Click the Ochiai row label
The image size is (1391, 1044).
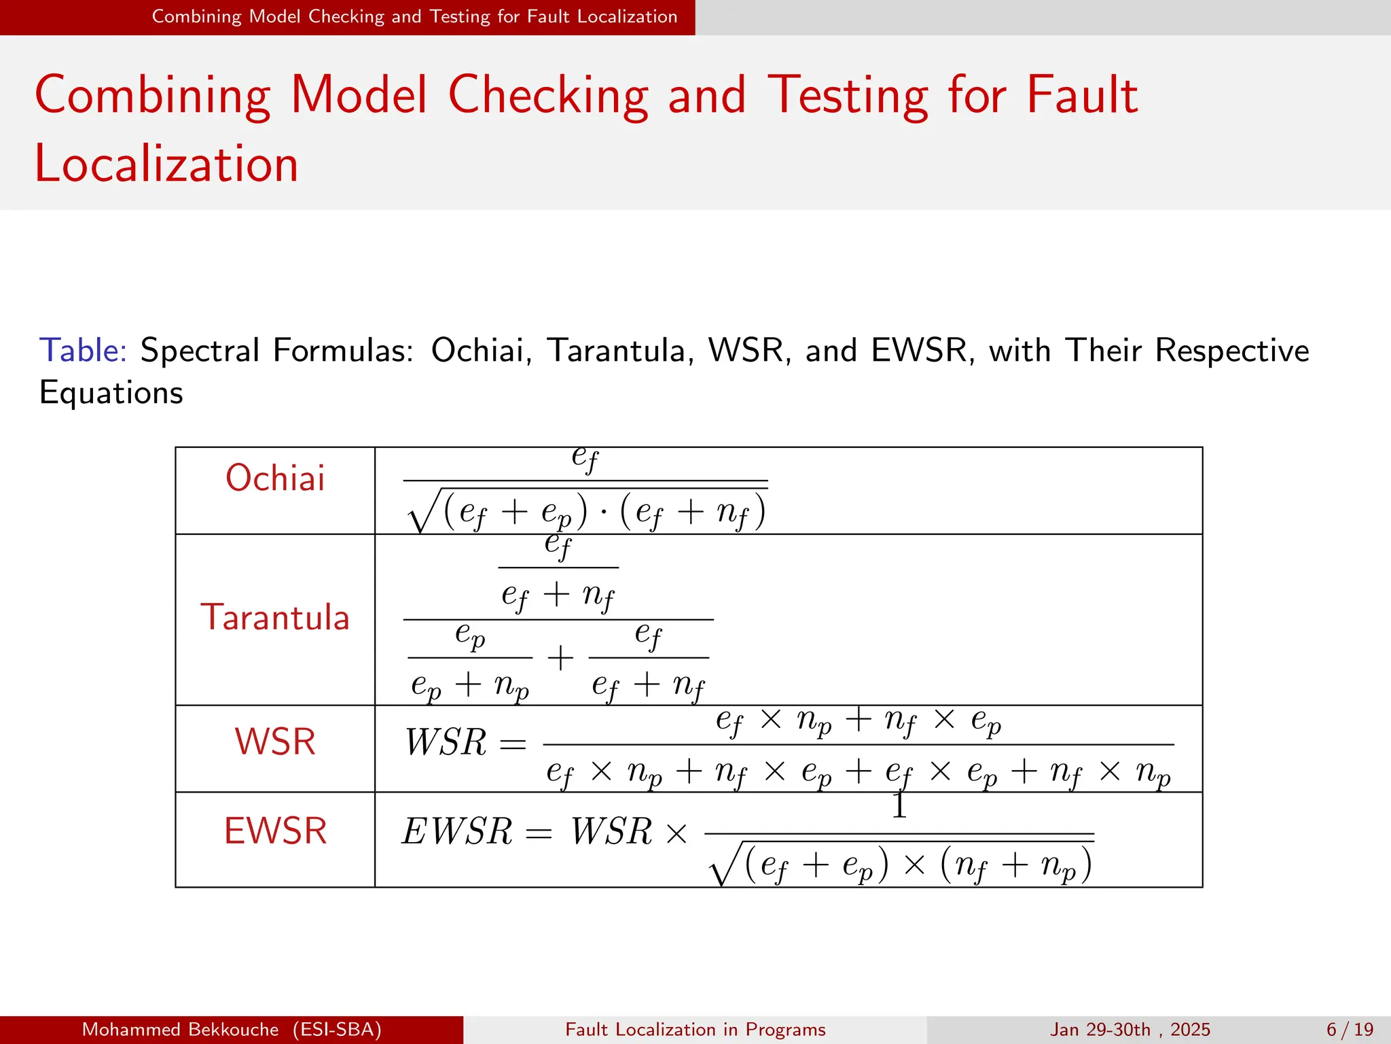(275, 478)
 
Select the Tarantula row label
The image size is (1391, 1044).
(275, 618)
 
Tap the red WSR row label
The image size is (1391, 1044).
(275, 742)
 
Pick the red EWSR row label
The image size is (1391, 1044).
(275, 831)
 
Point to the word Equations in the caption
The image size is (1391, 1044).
(111, 393)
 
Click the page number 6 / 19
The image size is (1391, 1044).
(1350, 1030)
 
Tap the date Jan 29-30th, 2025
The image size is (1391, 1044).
(1130, 1030)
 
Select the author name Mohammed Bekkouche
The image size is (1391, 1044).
(180, 1030)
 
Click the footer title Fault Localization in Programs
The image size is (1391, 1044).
(695, 1030)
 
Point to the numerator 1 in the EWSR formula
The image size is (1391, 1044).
(899, 806)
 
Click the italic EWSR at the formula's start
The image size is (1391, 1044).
(457, 831)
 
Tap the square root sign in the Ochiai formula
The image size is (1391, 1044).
(421, 513)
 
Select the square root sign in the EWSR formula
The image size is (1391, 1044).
(723, 866)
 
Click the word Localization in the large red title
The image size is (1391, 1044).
(166, 164)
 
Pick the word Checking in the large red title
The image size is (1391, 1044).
(548, 95)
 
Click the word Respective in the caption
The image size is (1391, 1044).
(1232, 351)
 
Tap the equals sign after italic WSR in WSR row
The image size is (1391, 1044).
(513, 744)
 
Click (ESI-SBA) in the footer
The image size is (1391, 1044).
(337, 1030)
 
